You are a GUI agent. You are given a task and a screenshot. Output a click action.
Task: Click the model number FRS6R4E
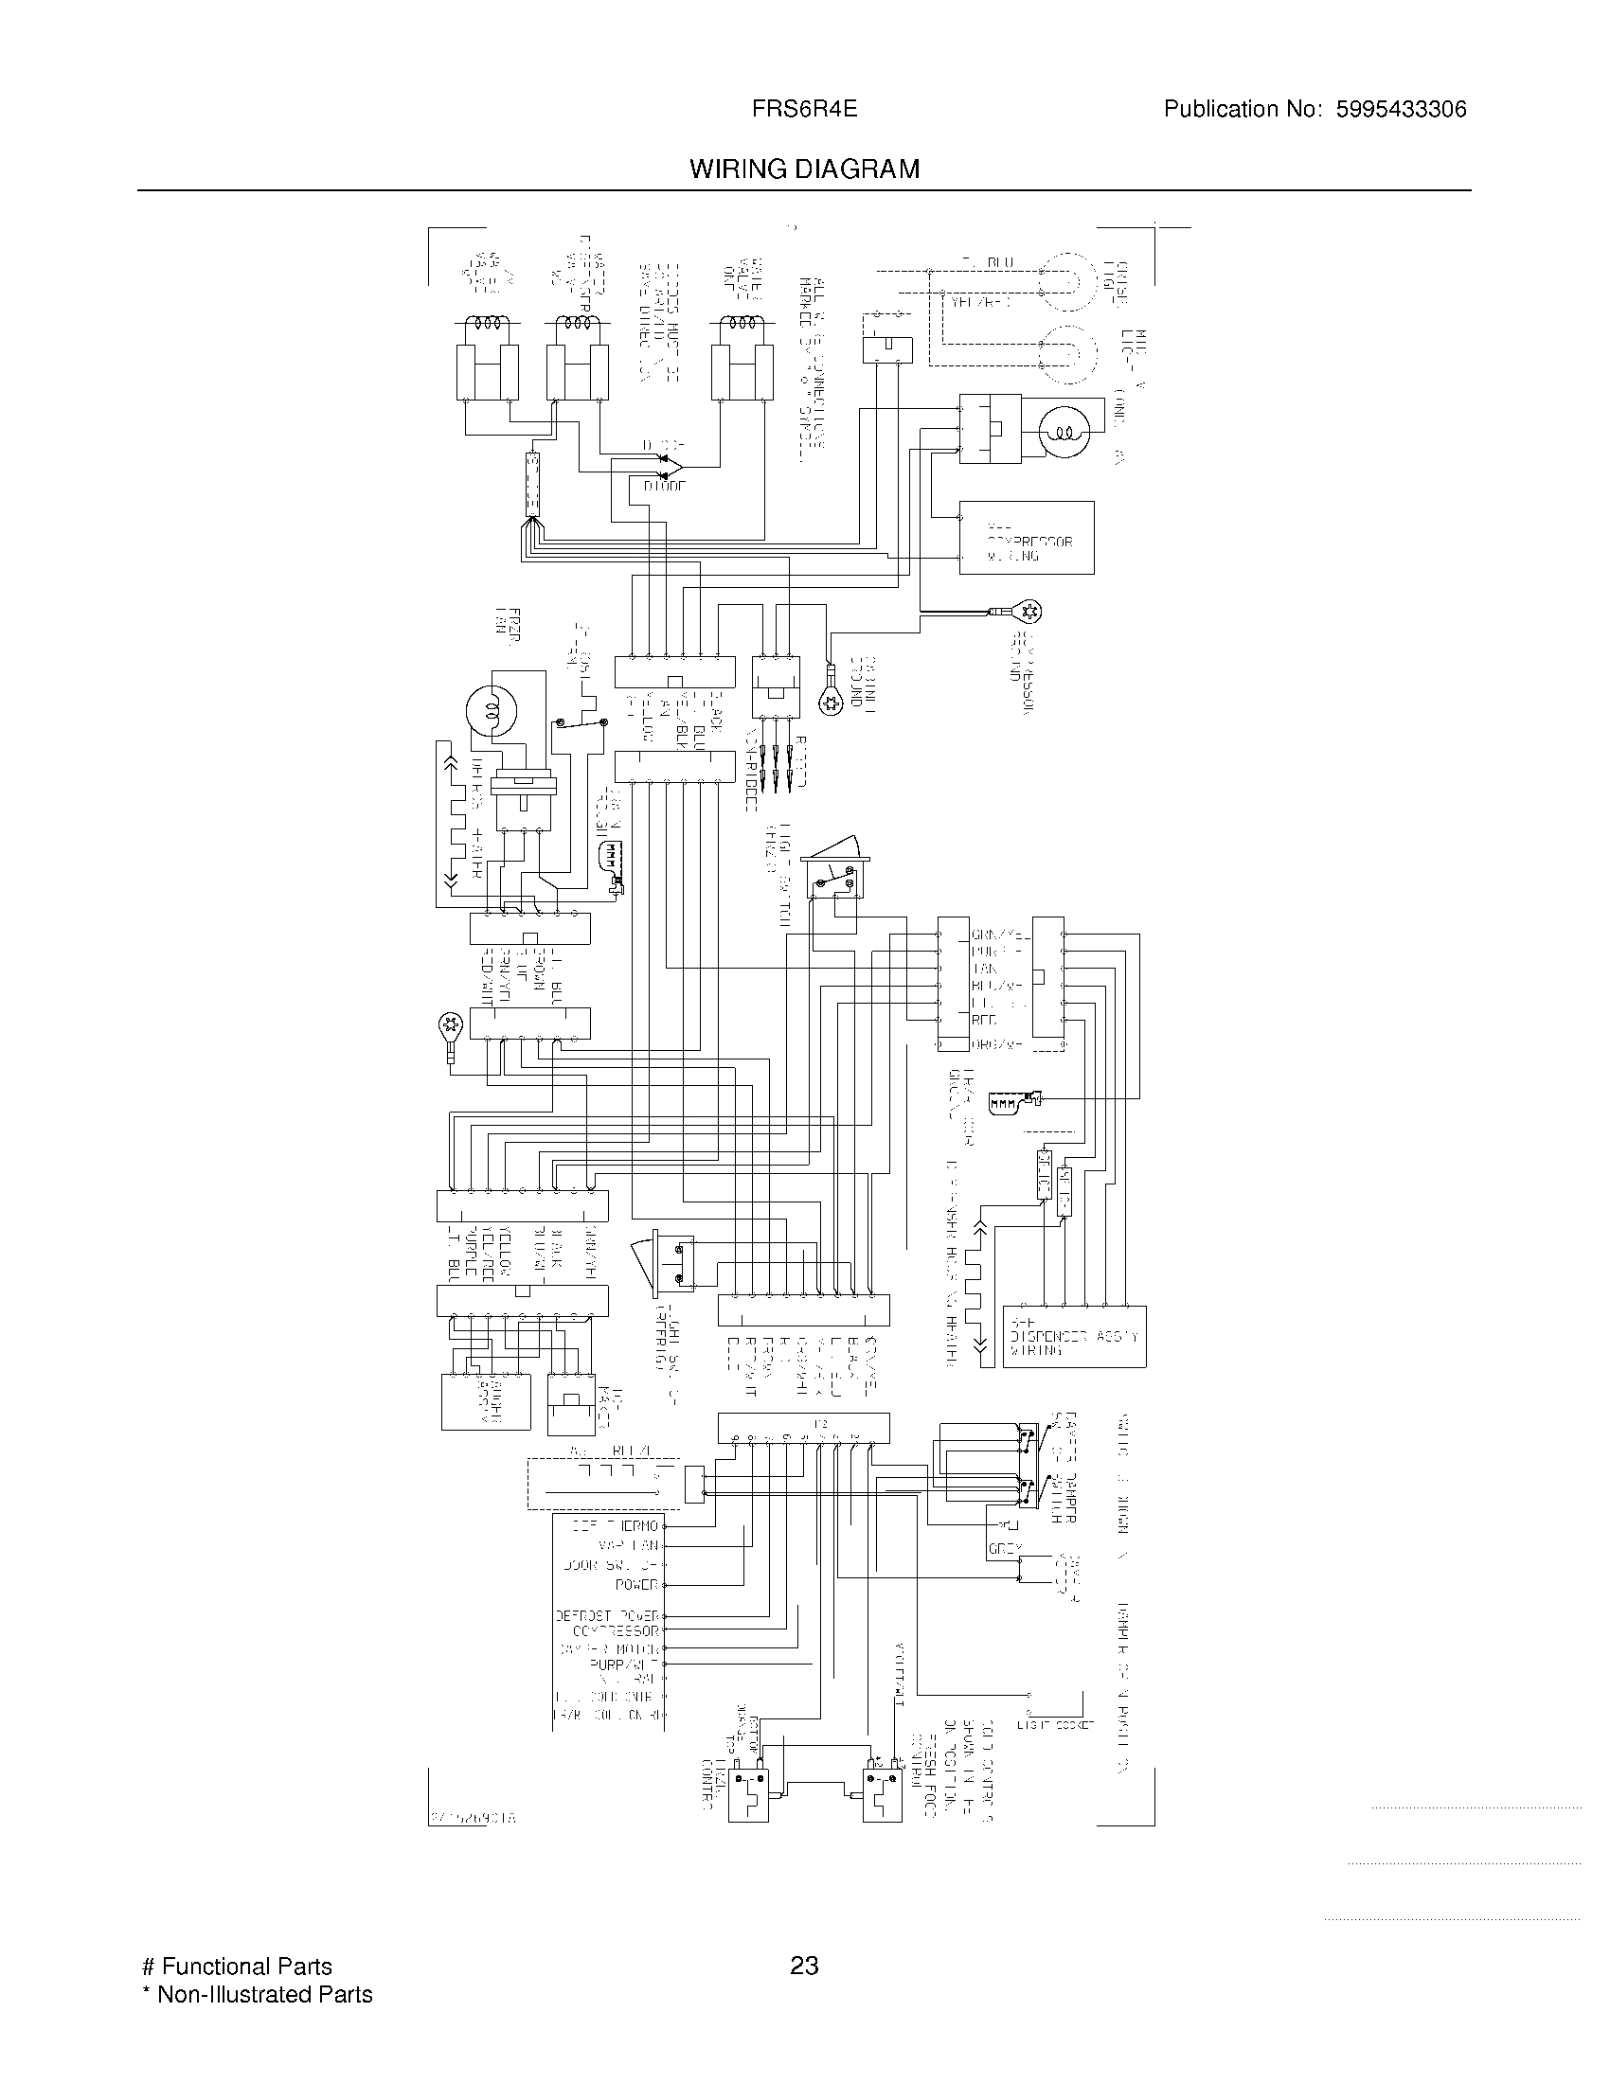(804, 110)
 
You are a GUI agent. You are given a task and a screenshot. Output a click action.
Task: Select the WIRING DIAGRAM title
(804, 169)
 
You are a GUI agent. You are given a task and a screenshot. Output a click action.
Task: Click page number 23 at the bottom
(804, 1966)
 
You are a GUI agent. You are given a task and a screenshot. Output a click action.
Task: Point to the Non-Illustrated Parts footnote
(258, 1994)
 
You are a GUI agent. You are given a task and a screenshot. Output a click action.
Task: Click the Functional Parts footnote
(238, 1967)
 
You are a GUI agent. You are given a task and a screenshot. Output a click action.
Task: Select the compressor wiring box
(1027, 538)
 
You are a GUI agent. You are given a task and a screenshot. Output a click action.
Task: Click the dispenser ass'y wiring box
(1074, 1336)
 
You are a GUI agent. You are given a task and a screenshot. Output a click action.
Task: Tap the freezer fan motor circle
(491, 710)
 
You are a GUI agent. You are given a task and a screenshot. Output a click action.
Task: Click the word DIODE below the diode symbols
(664, 487)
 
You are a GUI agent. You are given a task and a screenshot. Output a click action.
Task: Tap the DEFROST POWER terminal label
(608, 1616)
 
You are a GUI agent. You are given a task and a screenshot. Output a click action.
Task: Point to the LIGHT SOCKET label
(1055, 1723)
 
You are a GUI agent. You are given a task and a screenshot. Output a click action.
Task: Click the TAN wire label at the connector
(984, 969)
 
